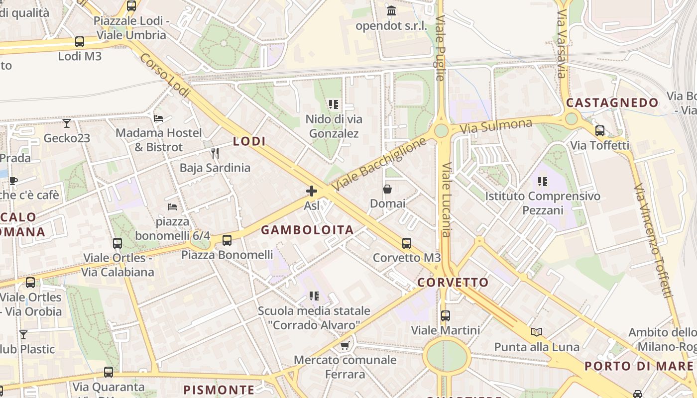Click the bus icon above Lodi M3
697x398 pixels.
(x=80, y=42)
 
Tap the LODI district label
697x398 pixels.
(x=249, y=141)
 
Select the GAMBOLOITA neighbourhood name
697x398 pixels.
(x=307, y=230)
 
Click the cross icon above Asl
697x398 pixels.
(x=312, y=191)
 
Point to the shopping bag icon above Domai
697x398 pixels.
(x=387, y=189)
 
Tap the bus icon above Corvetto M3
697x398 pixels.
(x=407, y=243)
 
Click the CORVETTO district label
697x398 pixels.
(x=453, y=283)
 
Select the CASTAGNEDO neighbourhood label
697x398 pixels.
(x=612, y=103)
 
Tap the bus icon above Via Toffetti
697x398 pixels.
(x=600, y=131)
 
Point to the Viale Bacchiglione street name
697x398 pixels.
(x=379, y=164)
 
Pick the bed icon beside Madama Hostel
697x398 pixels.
(x=158, y=118)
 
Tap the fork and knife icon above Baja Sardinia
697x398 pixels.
(x=215, y=152)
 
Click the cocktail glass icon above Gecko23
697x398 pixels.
(x=67, y=123)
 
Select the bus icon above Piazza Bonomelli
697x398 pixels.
(x=227, y=240)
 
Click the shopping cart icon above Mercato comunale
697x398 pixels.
(x=345, y=345)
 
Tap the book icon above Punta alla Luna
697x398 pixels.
(x=537, y=332)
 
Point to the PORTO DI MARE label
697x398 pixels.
(x=638, y=366)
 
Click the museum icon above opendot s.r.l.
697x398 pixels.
(x=391, y=11)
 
